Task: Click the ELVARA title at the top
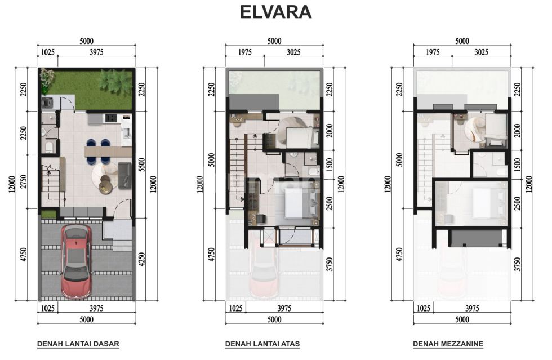pyautogui.click(x=275, y=12)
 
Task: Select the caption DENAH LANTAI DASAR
pyautogui.click(x=78, y=344)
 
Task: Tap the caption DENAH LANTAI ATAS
pyautogui.click(x=262, y=344)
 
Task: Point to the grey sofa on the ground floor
pyautogui.click(x=124, y=175)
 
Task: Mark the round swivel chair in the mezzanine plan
pyautogui.click(x=472, y=128)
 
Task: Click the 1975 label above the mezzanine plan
pyautogui.click(x=432, y=52)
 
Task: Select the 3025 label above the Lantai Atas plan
pyautogui.click(x=293, y=52)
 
